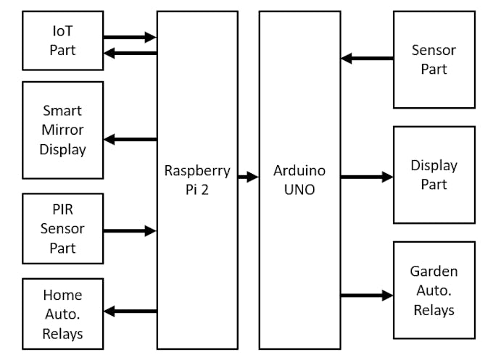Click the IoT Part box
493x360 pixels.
pos(62,40)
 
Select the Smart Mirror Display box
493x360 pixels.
pos(62,130)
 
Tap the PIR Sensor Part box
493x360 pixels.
pos(62,228)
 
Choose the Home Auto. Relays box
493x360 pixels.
pos(62,314)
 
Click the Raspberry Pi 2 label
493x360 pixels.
pos(197,180)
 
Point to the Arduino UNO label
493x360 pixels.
pos(299,180)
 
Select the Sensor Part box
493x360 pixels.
pos(434,60)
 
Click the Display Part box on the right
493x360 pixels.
pos(434,175)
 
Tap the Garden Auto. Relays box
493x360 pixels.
pos(434,290)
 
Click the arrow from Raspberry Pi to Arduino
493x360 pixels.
pos(249,176)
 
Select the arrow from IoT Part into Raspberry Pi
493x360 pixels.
pos(130,37)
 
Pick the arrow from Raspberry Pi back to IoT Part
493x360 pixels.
pos(130,52)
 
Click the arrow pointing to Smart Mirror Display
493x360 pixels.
pos(130,139)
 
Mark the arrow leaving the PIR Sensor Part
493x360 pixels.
pos(130,231)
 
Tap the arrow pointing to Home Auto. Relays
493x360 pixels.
pos(130,311)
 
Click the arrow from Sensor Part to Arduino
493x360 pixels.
pos(367,58)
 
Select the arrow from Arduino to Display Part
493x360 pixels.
pos(367,176)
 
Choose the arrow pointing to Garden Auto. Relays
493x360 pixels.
pos(367,295)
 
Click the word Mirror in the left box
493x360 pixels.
pos(62,130)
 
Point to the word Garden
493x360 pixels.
pos(434,272)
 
